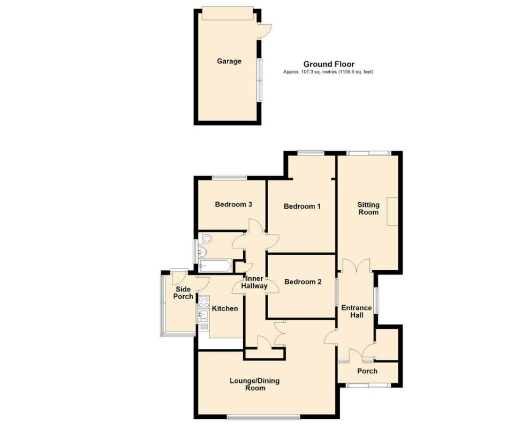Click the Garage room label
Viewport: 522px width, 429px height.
click(x=229, y=61)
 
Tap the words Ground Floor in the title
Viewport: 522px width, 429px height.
click(x=329, y=64)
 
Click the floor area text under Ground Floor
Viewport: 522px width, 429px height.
click(x=328, y=72)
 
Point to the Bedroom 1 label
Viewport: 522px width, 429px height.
click(x=302, y=206)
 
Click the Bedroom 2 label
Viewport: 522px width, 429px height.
click(x=302, y=282)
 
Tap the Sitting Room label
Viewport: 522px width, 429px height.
click(x=368, y=209)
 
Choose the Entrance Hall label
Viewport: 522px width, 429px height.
click(x=357, y=312)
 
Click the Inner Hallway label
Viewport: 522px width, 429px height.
click(x=255, y=282)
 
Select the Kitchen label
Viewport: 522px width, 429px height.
click(x=225, y=309)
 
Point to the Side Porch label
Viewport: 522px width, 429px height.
click(x=183, y=293)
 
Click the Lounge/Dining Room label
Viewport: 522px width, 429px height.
click(x=254, y=384)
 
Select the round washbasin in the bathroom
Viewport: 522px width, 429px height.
click(x=203, y=253)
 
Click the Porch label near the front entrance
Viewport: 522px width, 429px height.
click(x=367, y=371)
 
